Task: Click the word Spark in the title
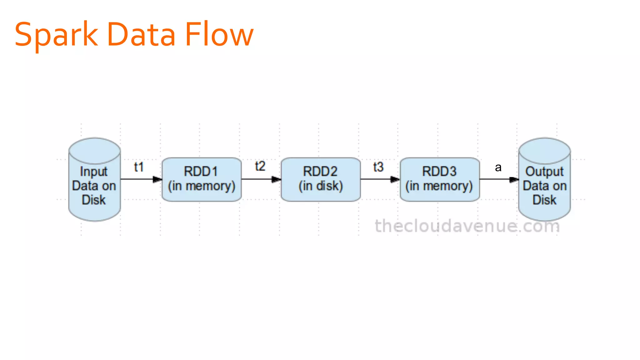coord(56,35)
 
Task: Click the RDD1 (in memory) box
coord(202,179)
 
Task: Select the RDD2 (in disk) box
coord(321,179)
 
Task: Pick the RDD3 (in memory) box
coord(440,179)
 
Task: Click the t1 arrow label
coord(139,167)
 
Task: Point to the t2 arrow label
coord(260,166)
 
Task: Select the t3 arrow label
coord(378,167)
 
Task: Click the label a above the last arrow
coord(498,168)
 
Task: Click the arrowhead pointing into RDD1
coord(157,179)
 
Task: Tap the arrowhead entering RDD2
coord(276,179)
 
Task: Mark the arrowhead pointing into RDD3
coord(395,179)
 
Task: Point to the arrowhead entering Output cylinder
coord(514,179)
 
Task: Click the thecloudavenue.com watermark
coord(467,226)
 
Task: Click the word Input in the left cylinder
coord(93,172)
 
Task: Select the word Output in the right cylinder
coord(544,172)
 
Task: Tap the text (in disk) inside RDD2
coord(321,186)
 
